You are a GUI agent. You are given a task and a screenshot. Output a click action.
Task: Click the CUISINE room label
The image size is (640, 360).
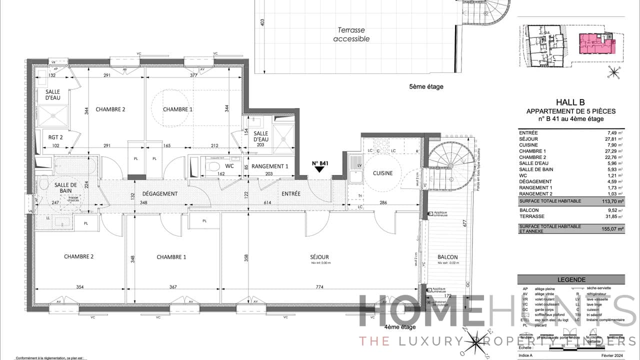click(x=382, y=173)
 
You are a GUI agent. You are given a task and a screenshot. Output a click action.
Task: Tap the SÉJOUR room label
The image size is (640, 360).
click(x=319, y=257)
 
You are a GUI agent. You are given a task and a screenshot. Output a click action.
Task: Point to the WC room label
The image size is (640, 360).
click(x=229, y=165)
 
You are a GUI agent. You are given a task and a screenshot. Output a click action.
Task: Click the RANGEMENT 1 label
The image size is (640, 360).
click(x=270, y=166)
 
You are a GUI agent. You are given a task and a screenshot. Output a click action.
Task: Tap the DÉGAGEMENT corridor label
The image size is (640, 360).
click(x=160, y=194)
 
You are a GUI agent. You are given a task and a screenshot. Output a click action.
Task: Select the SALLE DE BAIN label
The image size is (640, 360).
click(x=65, y=188)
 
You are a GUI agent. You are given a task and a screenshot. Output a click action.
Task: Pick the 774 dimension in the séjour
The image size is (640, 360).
click(x=320, y=287)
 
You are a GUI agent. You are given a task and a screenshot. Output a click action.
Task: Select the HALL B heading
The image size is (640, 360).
click(x=570, y=102)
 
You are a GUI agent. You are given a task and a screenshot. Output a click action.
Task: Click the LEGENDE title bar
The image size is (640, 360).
click(x=571, y=280)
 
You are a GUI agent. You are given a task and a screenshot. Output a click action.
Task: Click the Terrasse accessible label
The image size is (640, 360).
click(x=351, y=34)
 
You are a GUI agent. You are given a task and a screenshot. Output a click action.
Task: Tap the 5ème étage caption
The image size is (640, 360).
click(x=426, y=86)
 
